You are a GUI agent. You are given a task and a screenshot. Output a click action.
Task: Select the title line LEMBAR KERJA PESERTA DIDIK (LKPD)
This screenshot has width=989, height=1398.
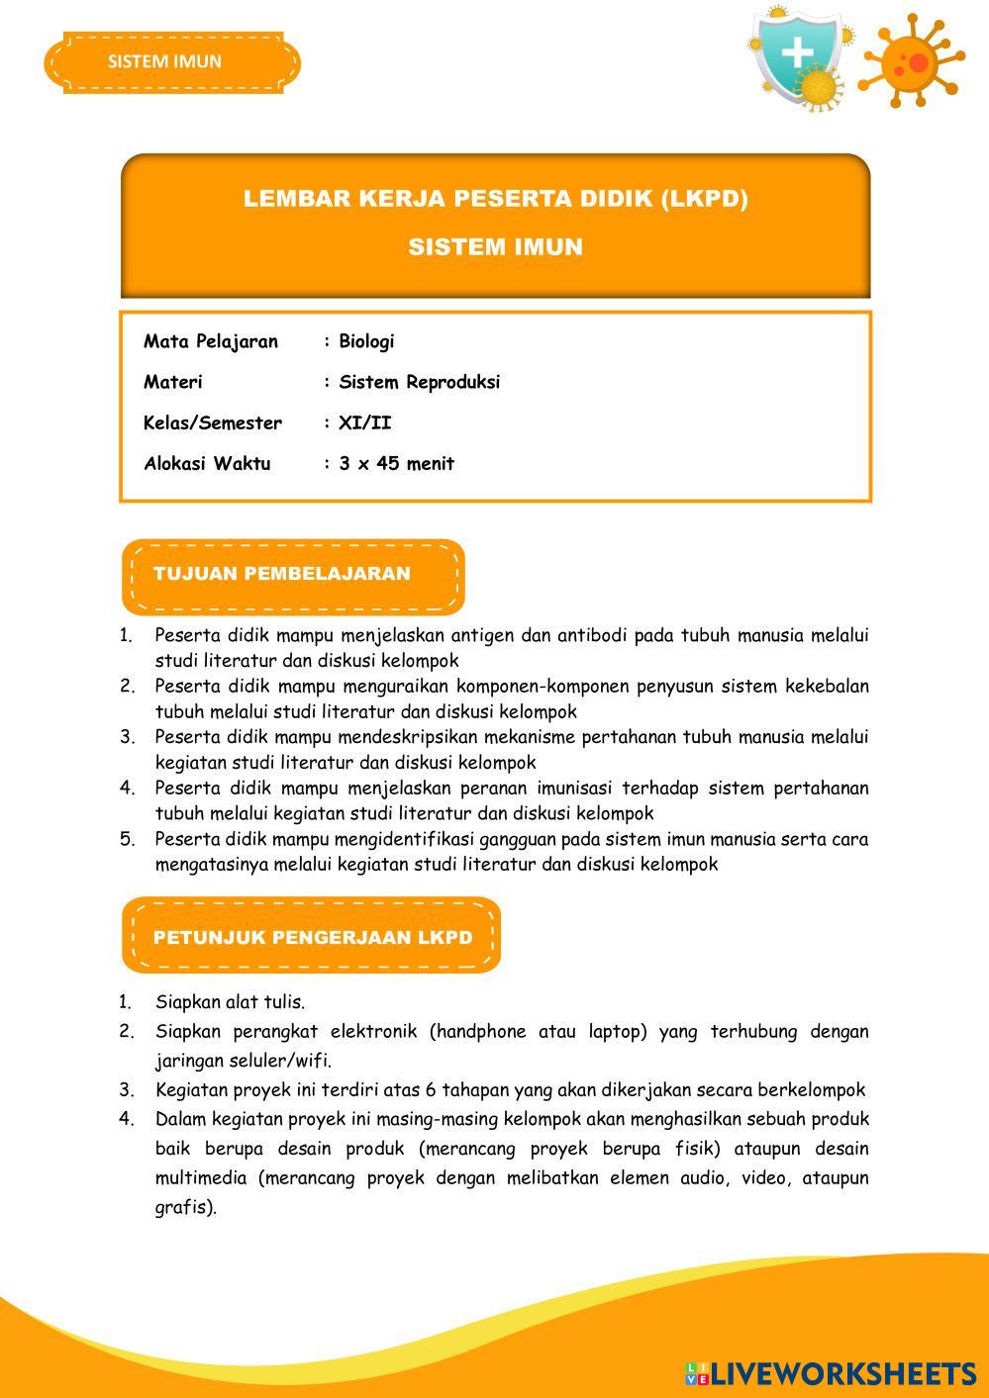point(495,199)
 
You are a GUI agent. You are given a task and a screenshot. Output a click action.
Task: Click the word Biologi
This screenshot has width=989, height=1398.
point(366,341)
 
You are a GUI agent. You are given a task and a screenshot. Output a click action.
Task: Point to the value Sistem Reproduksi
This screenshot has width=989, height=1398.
point(419,382)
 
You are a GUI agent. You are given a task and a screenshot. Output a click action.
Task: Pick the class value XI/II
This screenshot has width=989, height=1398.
point(364,422)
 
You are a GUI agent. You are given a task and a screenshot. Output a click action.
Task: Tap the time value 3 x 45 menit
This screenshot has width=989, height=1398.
point(396,463)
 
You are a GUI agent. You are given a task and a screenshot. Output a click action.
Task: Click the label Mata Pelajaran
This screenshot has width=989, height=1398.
point(211,341)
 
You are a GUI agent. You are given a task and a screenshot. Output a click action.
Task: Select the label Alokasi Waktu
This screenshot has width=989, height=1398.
point(207,463)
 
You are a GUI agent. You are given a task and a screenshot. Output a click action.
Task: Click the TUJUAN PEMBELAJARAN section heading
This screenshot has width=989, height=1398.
point(282,574)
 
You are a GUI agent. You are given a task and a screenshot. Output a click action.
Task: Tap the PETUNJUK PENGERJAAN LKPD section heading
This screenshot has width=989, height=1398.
point(313,937)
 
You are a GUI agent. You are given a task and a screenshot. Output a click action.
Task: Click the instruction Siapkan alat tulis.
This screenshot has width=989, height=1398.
point(230,1002)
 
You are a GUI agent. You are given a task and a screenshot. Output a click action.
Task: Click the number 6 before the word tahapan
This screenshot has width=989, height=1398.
point(431,1090)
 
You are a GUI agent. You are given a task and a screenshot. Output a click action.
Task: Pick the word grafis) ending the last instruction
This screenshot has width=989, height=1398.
point(185,1207)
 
